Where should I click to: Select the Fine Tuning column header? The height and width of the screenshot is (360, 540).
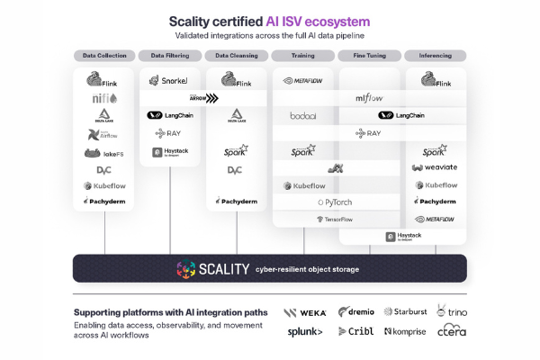[x=370, y=56]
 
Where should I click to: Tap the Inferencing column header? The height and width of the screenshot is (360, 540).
[x=436, y=56]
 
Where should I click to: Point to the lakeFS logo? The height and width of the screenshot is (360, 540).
[x=104, y=153]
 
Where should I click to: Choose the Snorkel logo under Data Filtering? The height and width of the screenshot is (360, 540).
[x=170, y=82]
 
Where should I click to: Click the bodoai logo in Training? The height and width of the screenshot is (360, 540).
[x=303, y=116]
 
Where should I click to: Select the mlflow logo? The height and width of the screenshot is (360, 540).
[x=370, y=98]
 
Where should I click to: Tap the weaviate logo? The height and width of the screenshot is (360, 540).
[x=436, y=167]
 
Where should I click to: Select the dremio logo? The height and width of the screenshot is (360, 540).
[x=355, y=311]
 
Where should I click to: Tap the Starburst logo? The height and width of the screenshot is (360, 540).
[x=404, y=312]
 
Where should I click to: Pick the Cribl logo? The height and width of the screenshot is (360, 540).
[x=355, y=332]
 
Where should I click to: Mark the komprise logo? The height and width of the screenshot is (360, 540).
[x=404, y=332]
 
